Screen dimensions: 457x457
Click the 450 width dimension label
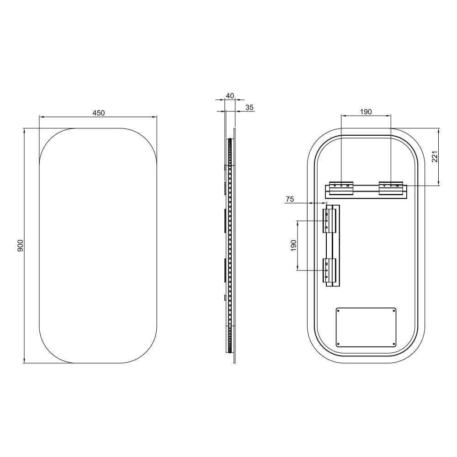[99, 113]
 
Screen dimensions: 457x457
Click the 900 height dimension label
[20, 246]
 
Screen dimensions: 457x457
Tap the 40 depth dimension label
[230, 96]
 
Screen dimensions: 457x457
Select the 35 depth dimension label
[250, 107]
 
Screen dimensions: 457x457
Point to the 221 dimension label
[435, 157]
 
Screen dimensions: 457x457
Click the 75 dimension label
[290, 199]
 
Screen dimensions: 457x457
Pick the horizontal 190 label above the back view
[366, 112]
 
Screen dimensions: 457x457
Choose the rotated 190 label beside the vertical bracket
[293, 246]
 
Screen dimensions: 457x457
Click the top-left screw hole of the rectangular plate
[338, 311]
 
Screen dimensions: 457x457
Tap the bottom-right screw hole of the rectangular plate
[393, 344]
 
